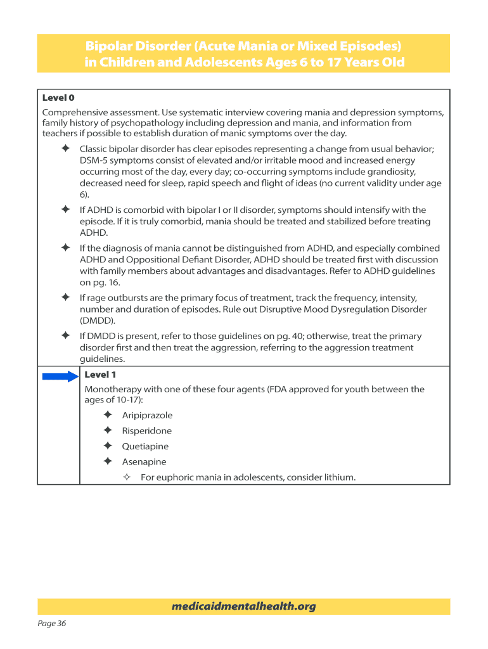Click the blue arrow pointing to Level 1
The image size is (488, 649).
[60, 376]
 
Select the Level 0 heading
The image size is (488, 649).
[58, 98]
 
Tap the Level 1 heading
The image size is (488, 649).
[100, 375]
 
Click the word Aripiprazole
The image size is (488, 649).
[147, 415]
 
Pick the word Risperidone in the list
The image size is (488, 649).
[146, 431]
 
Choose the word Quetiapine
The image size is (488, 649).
[145, 446]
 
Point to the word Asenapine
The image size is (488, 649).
[144, 462]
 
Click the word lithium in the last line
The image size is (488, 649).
[339, 477]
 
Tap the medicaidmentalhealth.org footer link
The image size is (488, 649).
[243, 607]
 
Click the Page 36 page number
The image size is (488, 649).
[52, 624]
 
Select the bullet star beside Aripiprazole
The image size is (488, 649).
[108, 415]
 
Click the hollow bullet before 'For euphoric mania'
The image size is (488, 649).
[126, 477]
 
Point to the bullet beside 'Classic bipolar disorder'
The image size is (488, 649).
[65, 148]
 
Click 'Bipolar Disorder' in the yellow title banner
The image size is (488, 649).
[138, 47]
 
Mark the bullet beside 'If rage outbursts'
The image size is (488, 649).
[65, 298]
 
